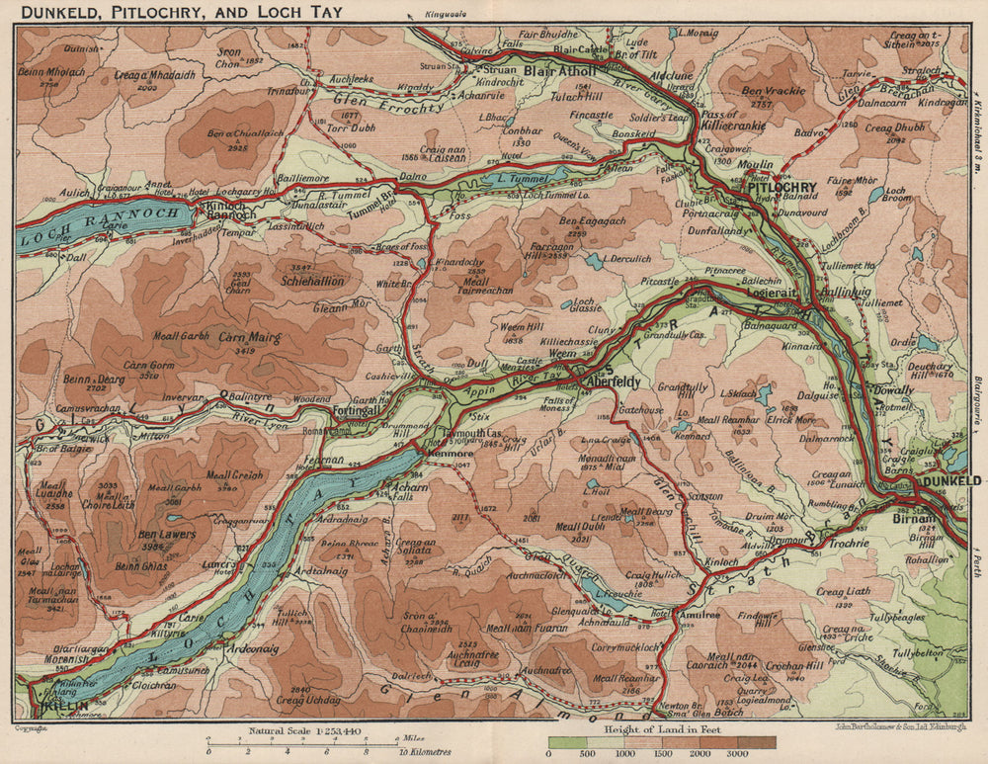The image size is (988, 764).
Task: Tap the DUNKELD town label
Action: click(949, 480)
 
